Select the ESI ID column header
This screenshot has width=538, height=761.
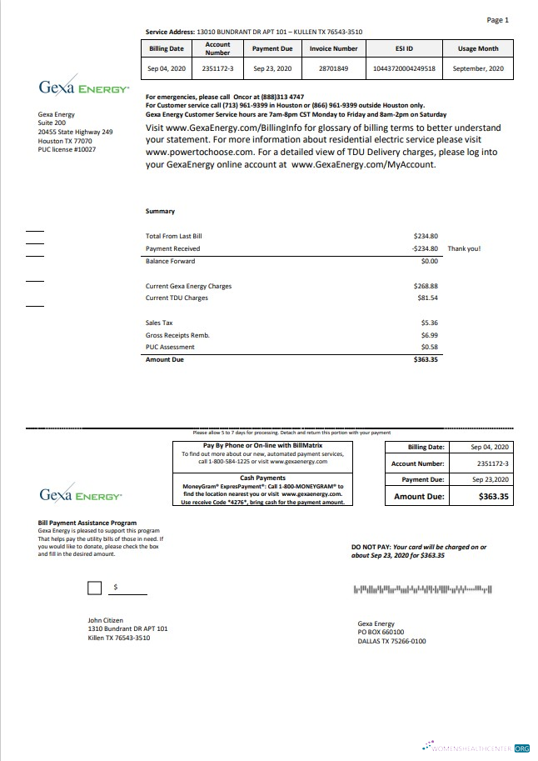click(x=404, y=48)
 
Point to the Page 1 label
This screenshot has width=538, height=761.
click(x=497, y=20)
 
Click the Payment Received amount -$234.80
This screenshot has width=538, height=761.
click(x=425, y=248)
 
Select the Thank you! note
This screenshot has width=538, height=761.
click(x=464, y=248)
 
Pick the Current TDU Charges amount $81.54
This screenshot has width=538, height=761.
click(x=427, y=298)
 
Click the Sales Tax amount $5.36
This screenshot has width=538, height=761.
click(x=429, y=322)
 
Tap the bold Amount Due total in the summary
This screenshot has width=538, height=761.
click(x=426, y=359)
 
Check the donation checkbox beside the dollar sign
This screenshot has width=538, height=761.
click(x=95, y=588)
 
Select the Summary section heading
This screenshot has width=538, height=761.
click(x=160, y=212)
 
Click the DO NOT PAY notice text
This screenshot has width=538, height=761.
click(x=419, y=550)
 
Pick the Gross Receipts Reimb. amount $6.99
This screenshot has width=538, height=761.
click(x=429, y=334)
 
